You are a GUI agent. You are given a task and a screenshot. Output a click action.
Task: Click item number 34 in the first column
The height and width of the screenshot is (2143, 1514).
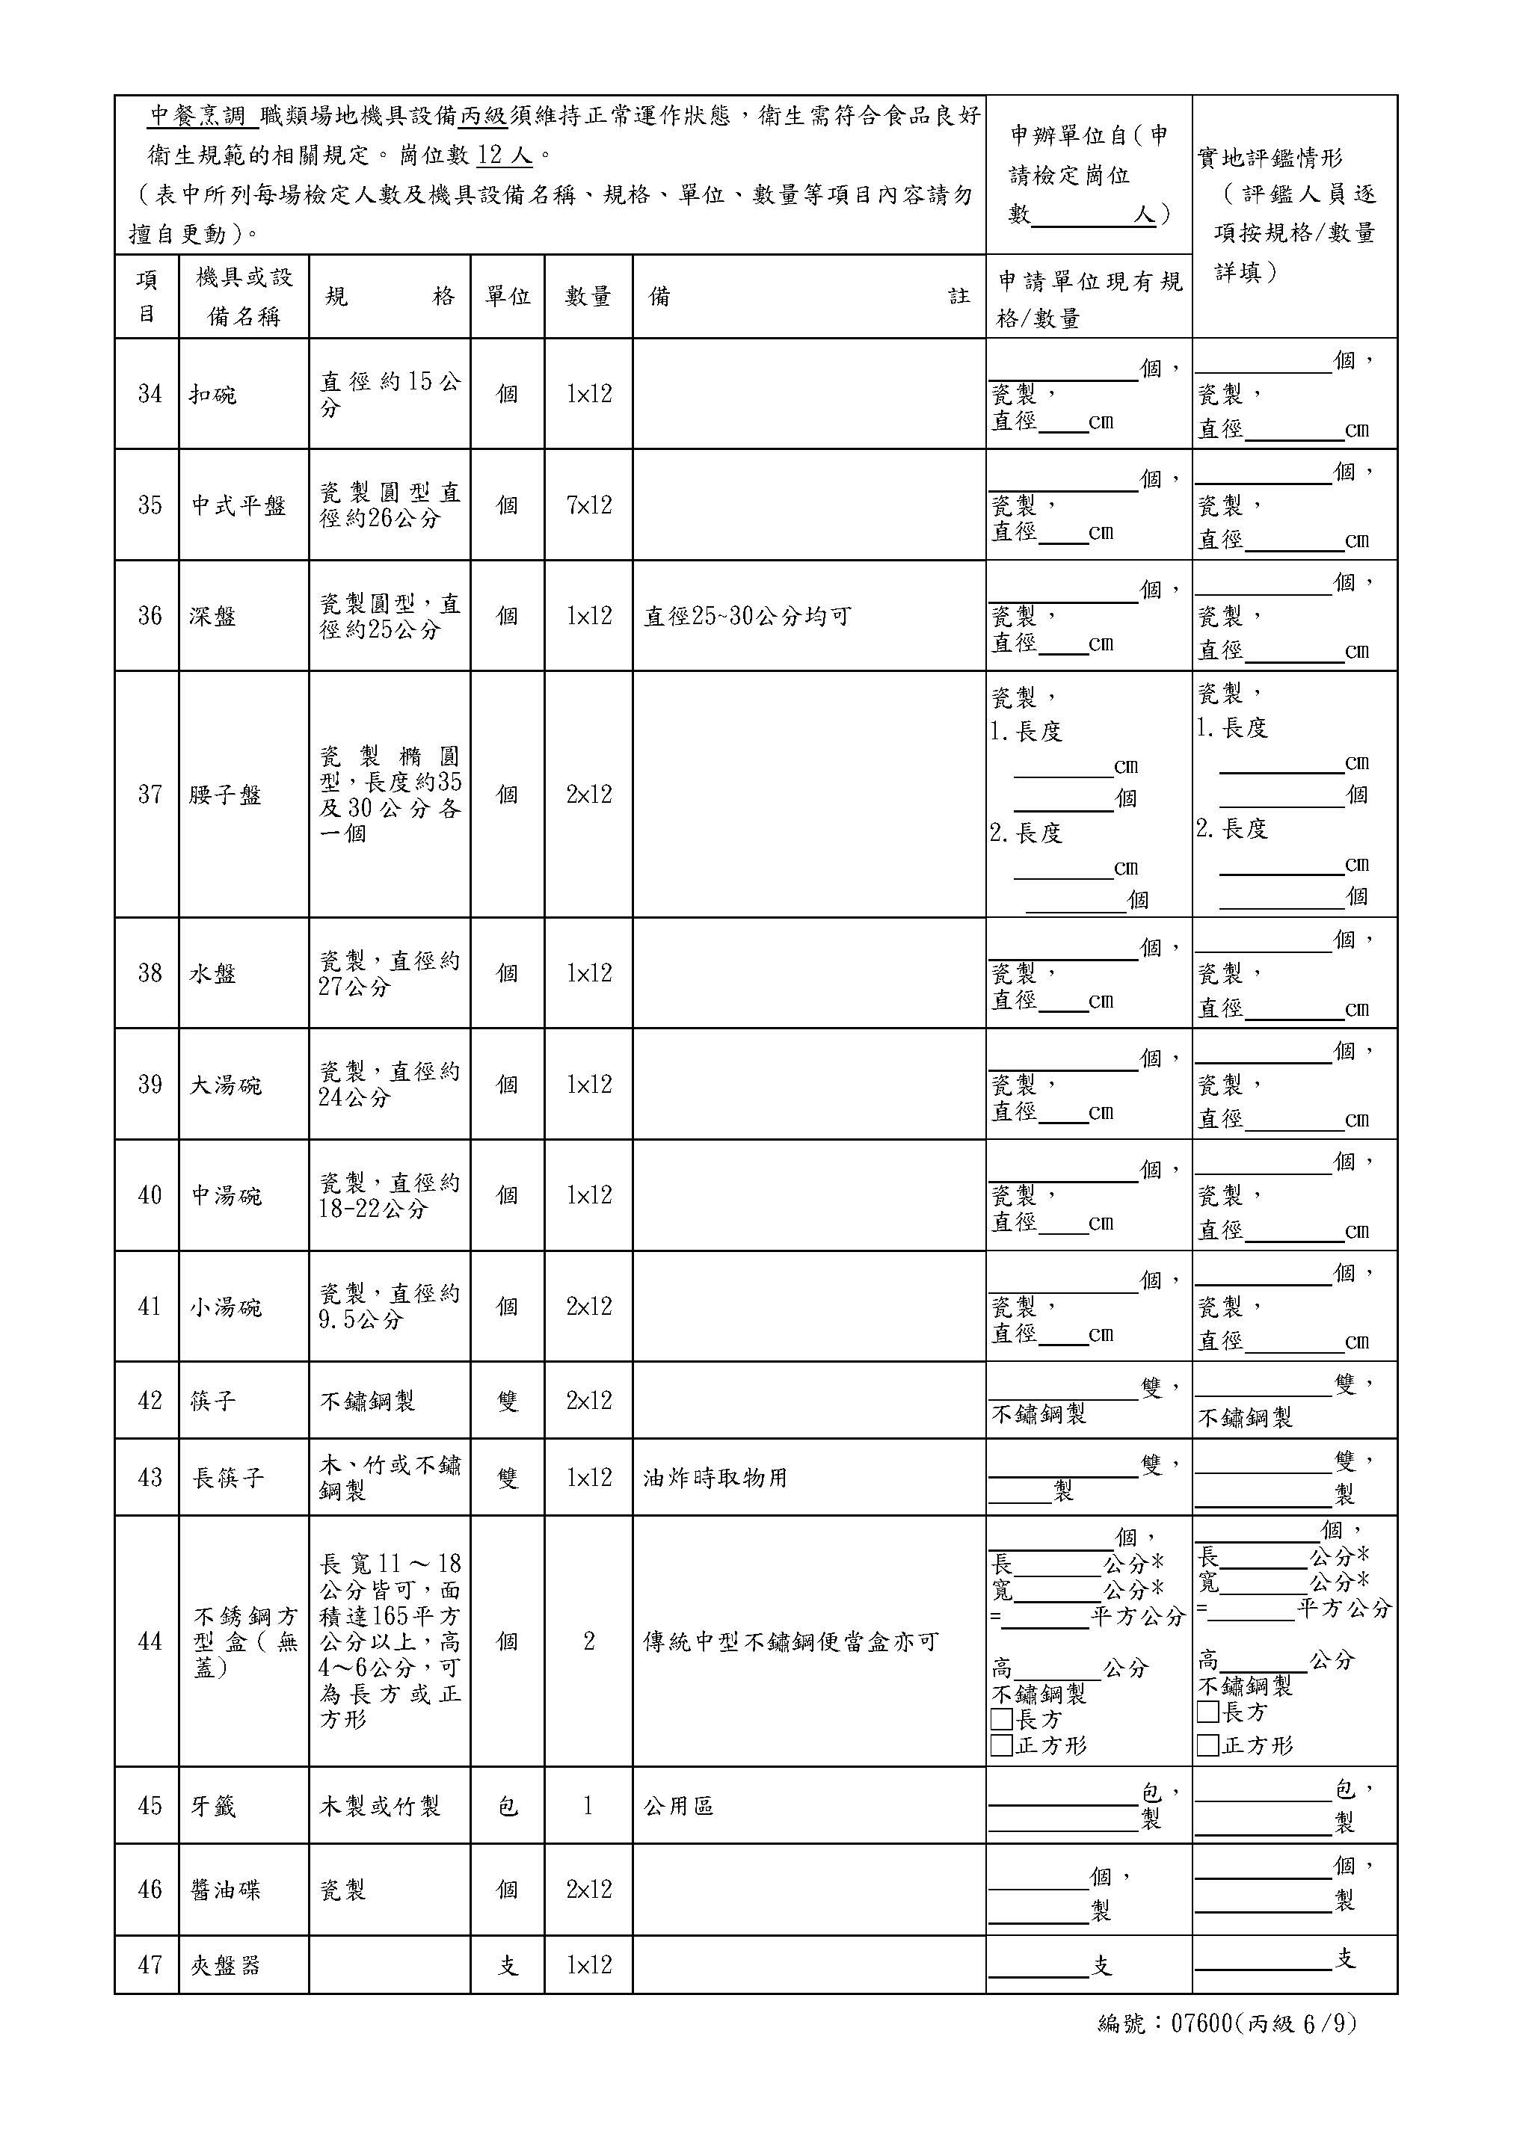150,394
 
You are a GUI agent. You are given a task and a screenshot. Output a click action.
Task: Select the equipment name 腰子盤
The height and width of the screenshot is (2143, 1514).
225,795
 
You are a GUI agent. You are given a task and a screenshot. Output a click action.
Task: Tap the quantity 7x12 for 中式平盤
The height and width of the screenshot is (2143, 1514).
589,505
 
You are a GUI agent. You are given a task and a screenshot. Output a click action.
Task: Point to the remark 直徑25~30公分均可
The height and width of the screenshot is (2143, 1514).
747,616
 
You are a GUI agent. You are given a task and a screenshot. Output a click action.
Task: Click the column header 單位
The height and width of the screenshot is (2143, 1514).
507,297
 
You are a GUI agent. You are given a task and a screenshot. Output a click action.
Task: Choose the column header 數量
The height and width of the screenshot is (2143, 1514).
588,297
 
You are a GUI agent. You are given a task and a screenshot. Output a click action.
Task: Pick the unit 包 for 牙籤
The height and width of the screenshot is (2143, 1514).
507,1806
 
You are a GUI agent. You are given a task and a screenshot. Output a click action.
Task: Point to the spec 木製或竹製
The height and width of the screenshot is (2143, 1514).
380,1806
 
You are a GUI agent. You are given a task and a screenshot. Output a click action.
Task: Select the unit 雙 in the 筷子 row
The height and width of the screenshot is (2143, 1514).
507,1401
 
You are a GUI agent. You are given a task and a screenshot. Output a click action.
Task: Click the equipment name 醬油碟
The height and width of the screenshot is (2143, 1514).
225,1890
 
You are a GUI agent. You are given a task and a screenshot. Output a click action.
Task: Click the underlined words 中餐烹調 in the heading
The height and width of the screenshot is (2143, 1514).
198,116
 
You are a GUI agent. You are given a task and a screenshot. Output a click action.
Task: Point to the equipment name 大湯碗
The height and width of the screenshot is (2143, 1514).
225,1085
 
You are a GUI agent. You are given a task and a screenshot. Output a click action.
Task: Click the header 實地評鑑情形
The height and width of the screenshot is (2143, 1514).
1270,158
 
